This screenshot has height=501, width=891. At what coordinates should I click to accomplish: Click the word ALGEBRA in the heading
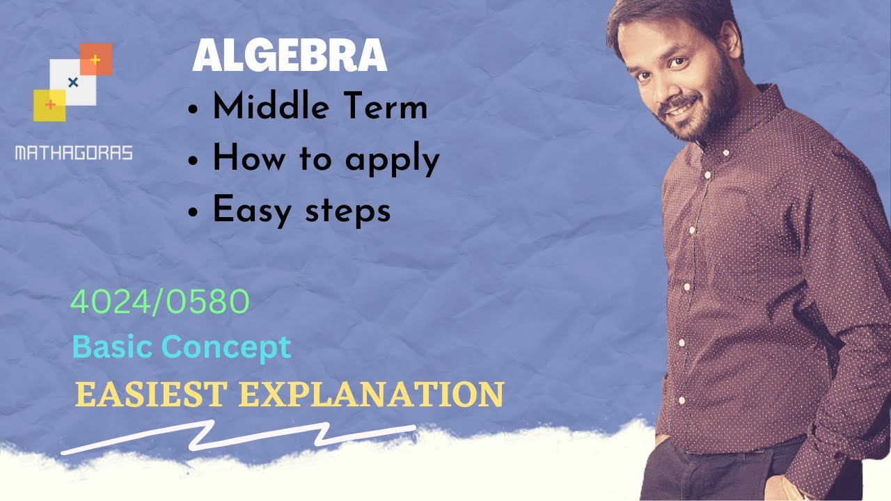(x=289, y=56)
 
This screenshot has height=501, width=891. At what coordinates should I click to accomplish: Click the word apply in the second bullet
(x=393, y=160)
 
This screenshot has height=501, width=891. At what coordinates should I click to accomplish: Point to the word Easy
(x=253, y=210)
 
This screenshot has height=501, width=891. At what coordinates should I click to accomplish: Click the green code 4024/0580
(x=160, y=303)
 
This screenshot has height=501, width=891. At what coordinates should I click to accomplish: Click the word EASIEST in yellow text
(x=150, y=394)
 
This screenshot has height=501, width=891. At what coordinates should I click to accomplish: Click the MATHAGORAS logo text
(x=73, y=153)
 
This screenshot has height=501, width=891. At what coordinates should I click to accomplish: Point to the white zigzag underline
(x=237, y=438)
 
